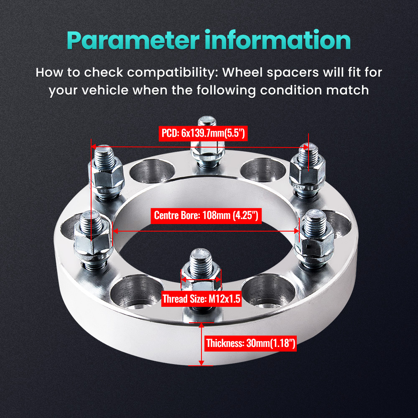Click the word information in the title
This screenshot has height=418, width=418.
pyautogui.click(x=275, y=41)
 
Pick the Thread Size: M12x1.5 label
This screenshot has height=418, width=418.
pyautogui.click(x=201, y=299)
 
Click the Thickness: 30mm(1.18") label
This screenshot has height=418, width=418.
pyautogui.click(x=251, y=344)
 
